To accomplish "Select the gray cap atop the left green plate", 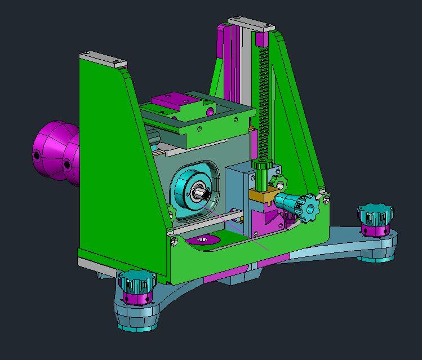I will click(x=104, y=60).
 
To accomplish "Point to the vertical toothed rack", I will click(x=263, y=101).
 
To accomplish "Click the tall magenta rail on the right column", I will click(x=223, y=62).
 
